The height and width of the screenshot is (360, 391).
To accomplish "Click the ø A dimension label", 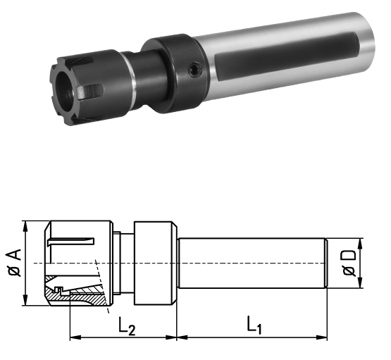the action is (x=15, y=262).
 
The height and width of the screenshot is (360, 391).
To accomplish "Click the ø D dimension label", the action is (x=349, y=263).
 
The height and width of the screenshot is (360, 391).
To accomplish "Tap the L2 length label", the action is (x=127, y=325).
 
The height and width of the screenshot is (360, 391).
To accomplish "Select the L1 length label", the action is (x=254, y=325).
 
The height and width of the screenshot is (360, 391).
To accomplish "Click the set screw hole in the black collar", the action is (x=195, y=69).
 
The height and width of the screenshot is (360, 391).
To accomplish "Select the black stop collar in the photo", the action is (x=175, y=73).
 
